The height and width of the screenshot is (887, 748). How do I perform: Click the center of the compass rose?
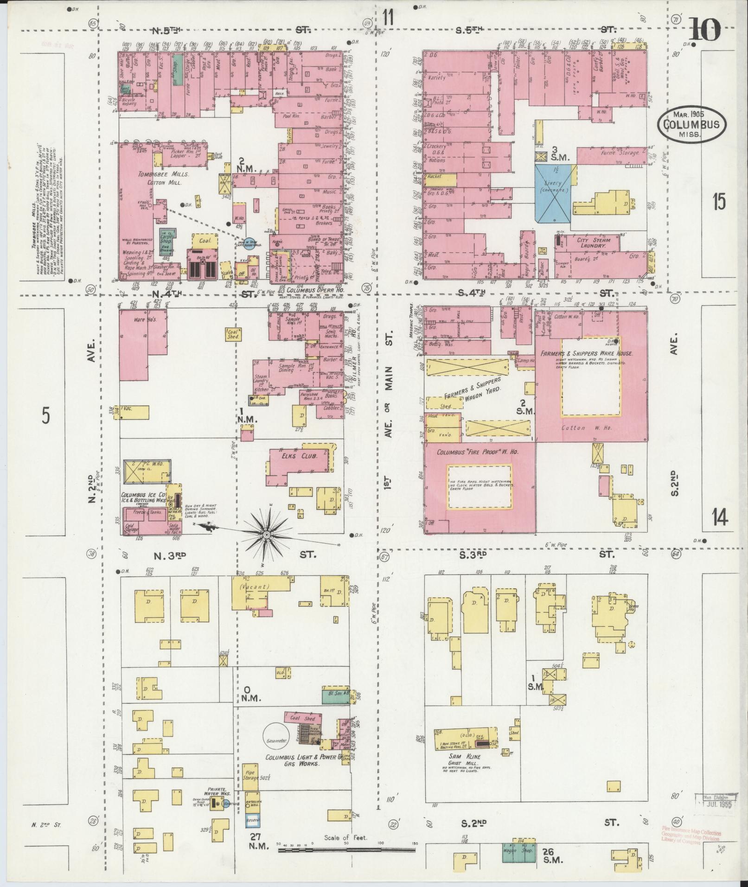[267, 535]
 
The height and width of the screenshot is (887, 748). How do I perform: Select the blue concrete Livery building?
[553, 195]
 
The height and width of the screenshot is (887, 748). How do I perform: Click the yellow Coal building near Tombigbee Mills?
[205, 241]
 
